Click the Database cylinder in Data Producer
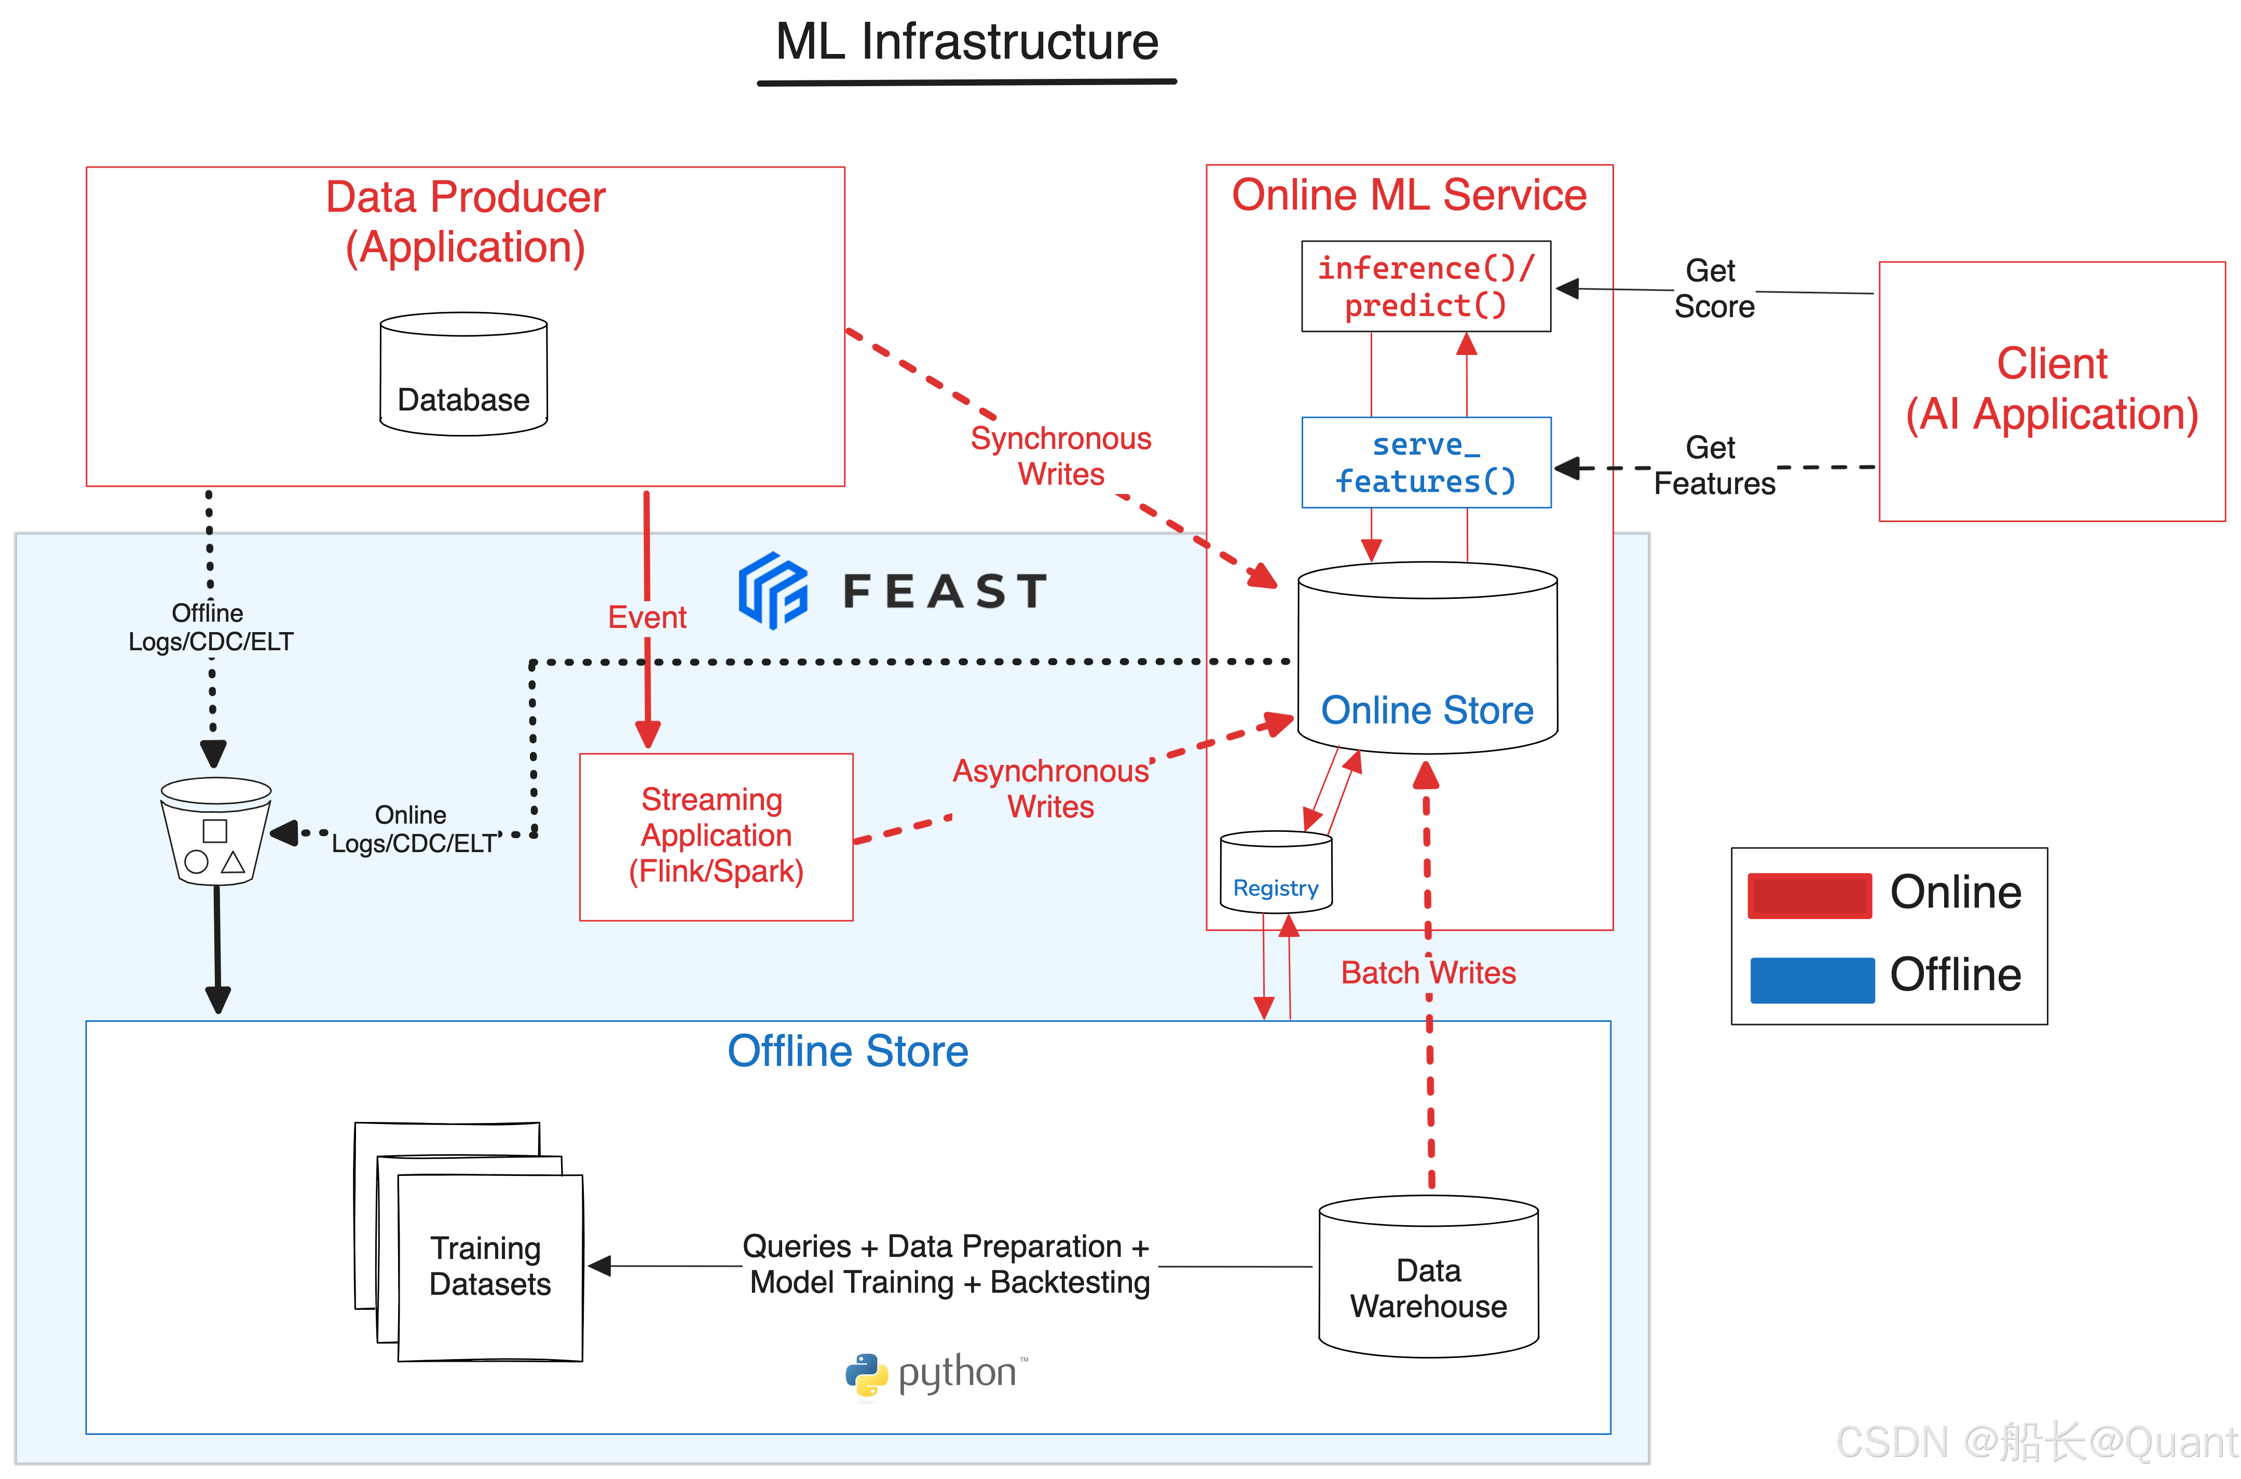coord(463,375)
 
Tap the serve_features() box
coord(1425,463)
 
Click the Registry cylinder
coord(1275,872)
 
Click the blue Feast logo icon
coord(772,591)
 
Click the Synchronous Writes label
coord(1061,456)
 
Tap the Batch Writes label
coord(1428,973)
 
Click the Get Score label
coord(1713,289)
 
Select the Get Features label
coord(1713,465)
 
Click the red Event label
coord(647,617)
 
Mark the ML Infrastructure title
coord(967,43)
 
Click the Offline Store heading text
coord(847,1051)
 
